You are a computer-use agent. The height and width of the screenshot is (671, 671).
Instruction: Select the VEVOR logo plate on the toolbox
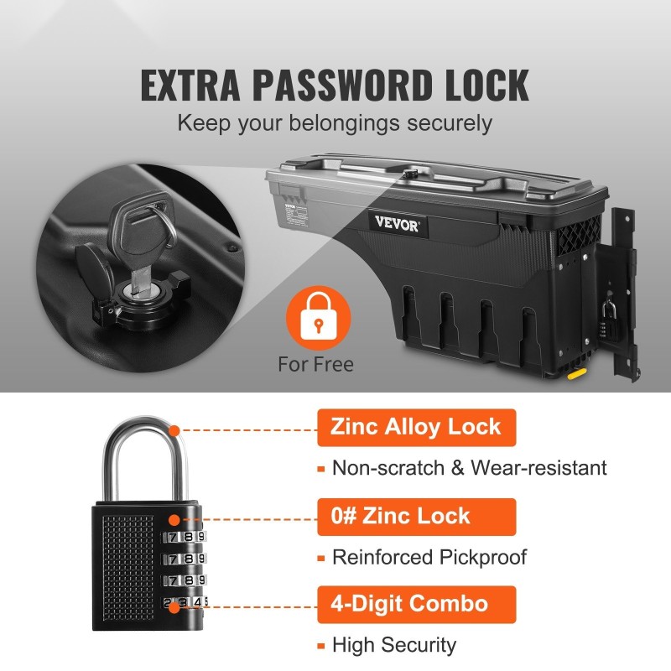click(398, 224)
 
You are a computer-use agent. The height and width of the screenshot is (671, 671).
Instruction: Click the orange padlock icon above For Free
click(319, 317)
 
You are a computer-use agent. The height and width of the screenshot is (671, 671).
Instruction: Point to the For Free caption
click(316, 365)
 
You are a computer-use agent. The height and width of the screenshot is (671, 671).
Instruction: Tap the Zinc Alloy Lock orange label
click(416, 428)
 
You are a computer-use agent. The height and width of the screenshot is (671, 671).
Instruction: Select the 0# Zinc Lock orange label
click(416, 517)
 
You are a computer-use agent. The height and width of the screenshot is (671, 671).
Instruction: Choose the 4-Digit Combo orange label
click(416, 605)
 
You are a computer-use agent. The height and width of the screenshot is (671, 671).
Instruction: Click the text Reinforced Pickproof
click(429, 558)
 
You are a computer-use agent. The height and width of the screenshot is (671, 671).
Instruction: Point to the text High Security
click(394, 645)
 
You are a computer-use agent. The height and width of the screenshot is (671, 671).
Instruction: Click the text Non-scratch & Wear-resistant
click(470, 468)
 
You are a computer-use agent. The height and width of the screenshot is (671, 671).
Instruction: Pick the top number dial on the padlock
click(184, 537)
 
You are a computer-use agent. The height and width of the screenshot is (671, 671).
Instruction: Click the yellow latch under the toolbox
click(576, 373)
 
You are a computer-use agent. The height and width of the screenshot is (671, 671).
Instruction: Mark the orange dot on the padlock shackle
click(174, 430)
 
